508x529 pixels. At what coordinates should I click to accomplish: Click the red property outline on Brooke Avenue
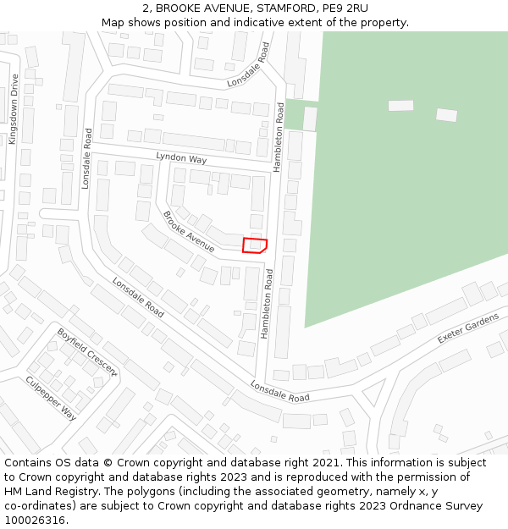[255, 245]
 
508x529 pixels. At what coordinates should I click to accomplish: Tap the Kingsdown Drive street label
[13, 109]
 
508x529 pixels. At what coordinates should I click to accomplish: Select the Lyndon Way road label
[181, 158]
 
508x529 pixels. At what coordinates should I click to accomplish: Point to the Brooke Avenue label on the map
[189, 231]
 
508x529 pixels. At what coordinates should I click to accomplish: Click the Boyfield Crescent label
[86, 352]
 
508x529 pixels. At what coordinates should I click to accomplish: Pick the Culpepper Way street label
[51, 399]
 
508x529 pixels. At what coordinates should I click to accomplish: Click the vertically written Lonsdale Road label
[86, 158]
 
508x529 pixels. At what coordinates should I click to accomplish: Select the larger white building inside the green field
[400, 106]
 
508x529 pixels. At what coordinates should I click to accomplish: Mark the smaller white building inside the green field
[446, 115]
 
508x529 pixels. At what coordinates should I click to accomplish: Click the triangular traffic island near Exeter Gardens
[372, 392]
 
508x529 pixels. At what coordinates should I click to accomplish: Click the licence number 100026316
[35, 521]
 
